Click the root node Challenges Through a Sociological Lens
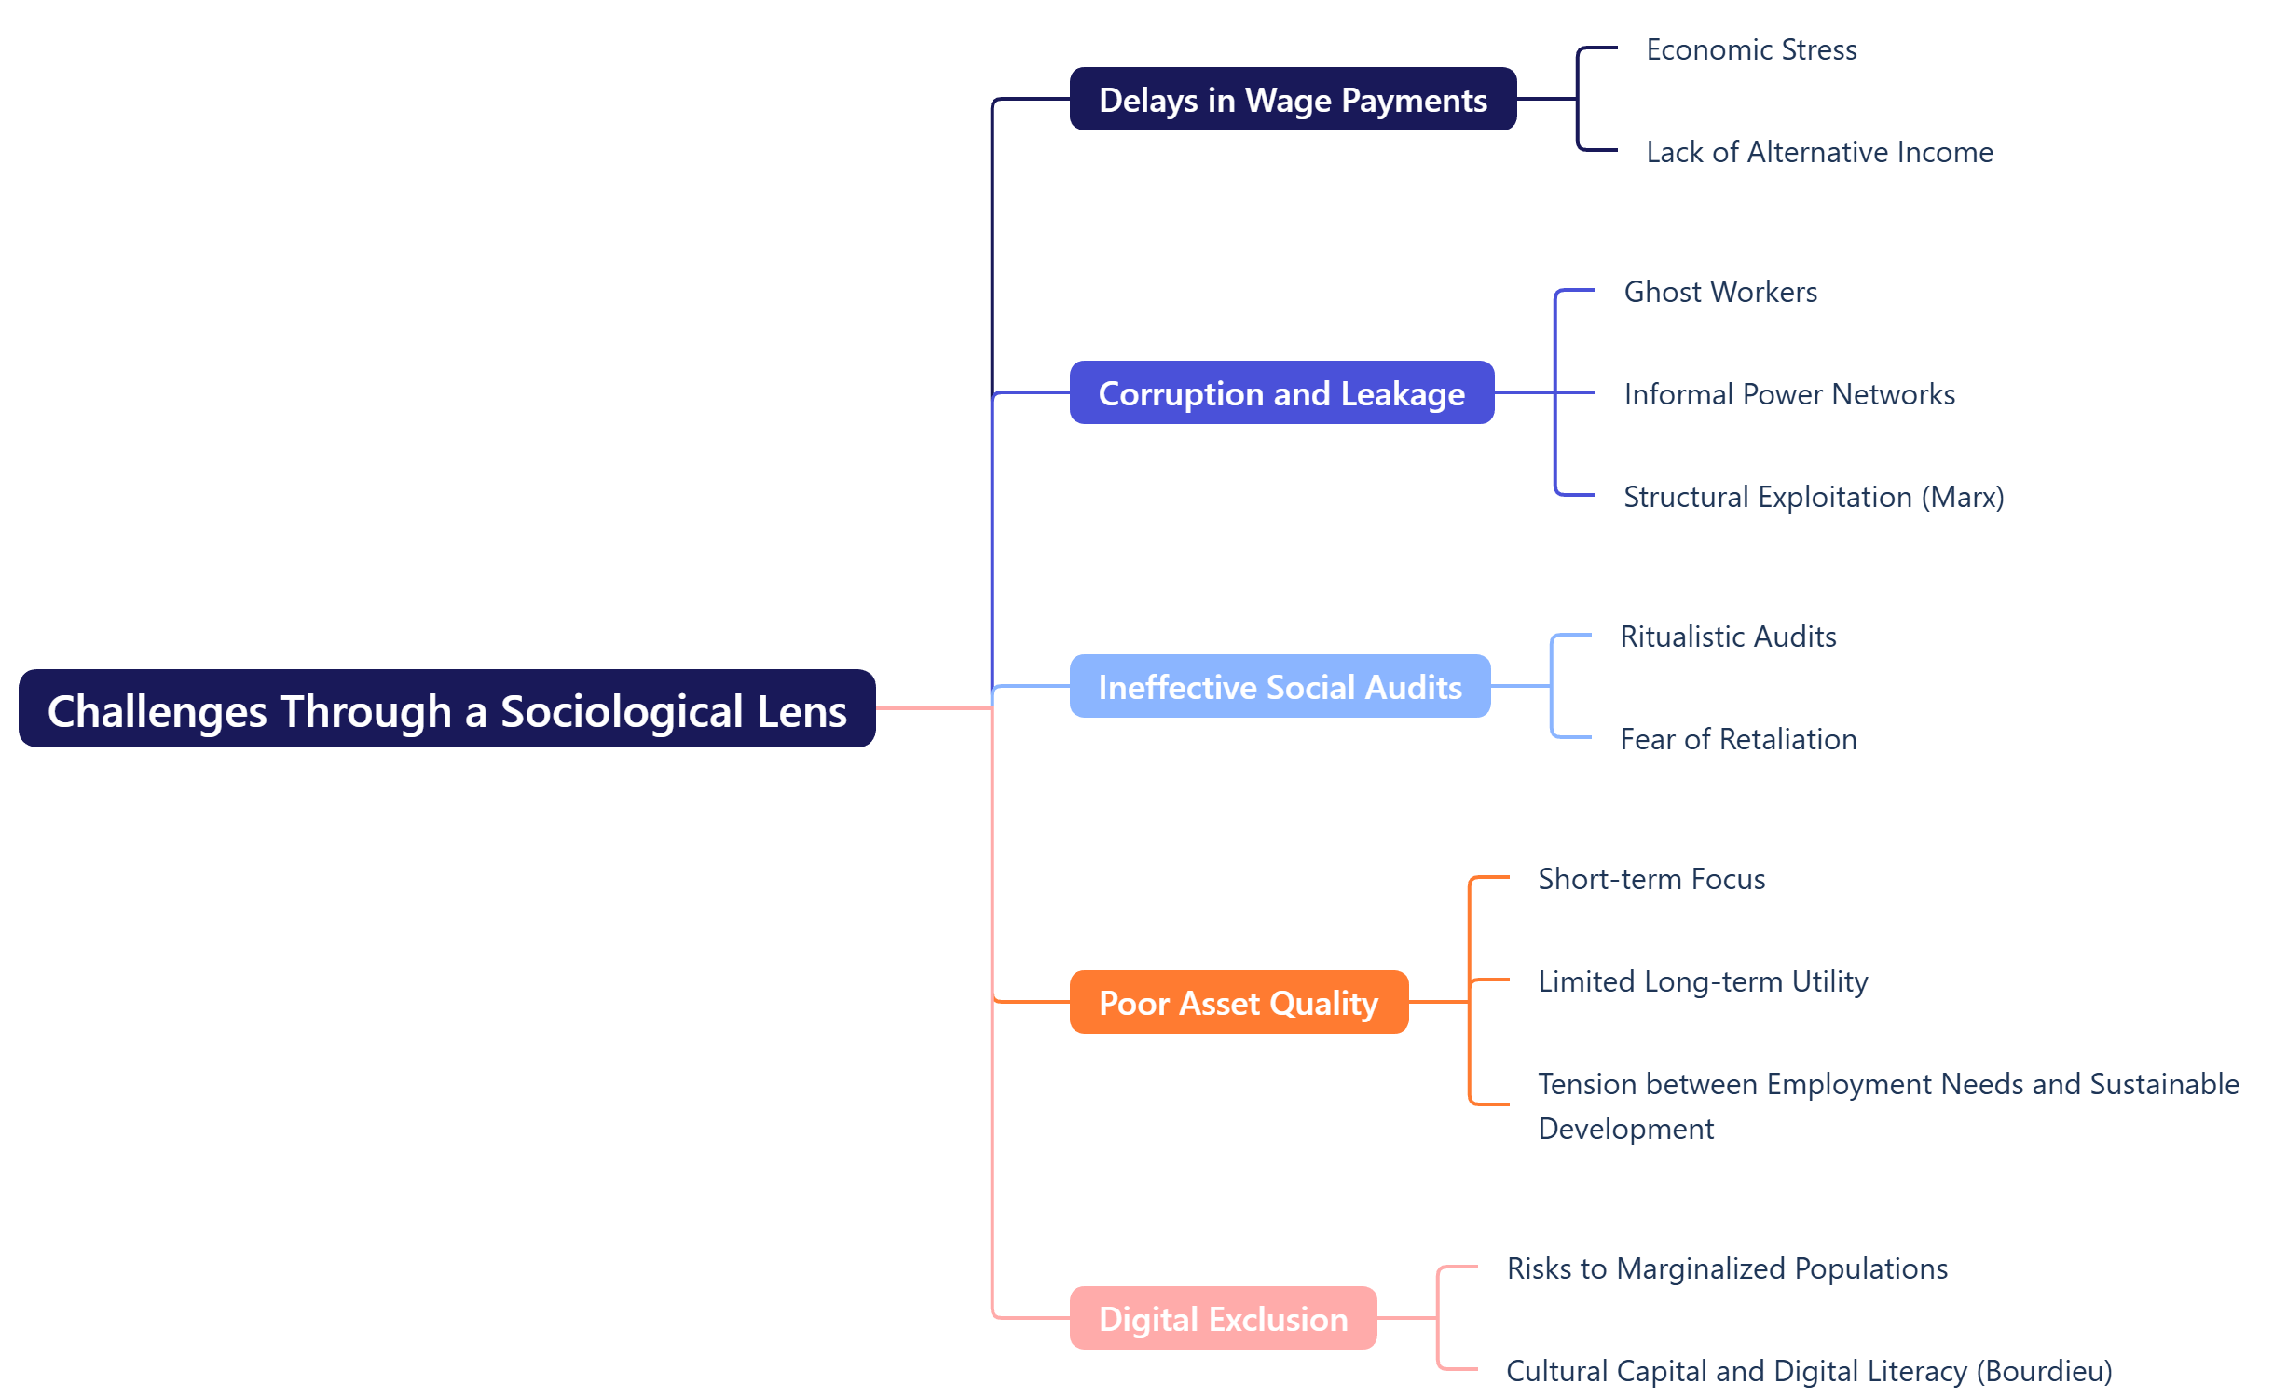click(x=446, y=709)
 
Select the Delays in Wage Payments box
click(x=1292, y=100)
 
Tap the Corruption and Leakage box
click(x=1280, y=393)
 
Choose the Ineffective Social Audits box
click(x=1279, y=687)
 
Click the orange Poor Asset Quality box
click(x=1238, y=1003)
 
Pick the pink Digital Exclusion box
click(x=1222, y=1319)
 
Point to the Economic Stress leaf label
click(x=1750, y=49)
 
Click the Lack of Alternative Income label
click(x=1818, y=152)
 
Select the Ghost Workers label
click(x=1719, y=292)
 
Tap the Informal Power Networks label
click(x=1788, y=394)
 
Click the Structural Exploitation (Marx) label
click(x=1813, y=497)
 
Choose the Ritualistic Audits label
click(x=1727, y=637)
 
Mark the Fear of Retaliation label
click(x=1737, y=739)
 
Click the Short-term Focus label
click(x=1650, y=879)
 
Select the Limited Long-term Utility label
click(x=1702, y=981)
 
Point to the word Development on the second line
click(x=1625, y=1129)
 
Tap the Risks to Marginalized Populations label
click(x=1726, y=1268)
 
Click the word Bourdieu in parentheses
click(x=2044, y=1371)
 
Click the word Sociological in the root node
click(x=622, y=711)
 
